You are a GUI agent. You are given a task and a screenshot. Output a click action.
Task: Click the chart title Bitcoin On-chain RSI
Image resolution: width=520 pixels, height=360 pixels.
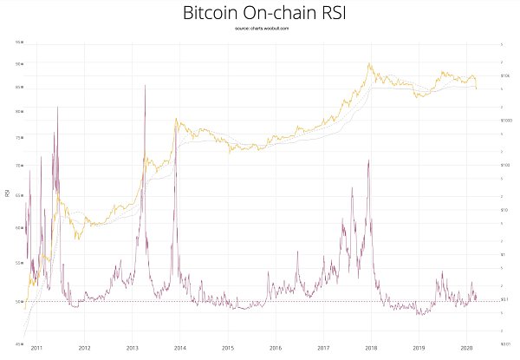pyautogui.click(x=259, y=14)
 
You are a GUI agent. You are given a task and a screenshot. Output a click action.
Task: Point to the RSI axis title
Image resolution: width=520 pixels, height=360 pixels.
pyautogui.click(x=7, y=193)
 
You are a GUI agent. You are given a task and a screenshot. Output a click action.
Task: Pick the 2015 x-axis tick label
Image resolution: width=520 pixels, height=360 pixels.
pyautogui.click(x=227, y=347)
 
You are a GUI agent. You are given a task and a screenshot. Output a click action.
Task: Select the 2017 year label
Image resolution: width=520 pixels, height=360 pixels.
pyautogui.click(x=322, y=347)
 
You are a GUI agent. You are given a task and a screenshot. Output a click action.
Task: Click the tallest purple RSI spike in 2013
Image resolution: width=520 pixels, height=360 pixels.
pyautogui.click(x=144, y=85)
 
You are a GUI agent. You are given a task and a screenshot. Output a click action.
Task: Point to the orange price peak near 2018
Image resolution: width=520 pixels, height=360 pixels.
pyautogui.click(x=370, y=63)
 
